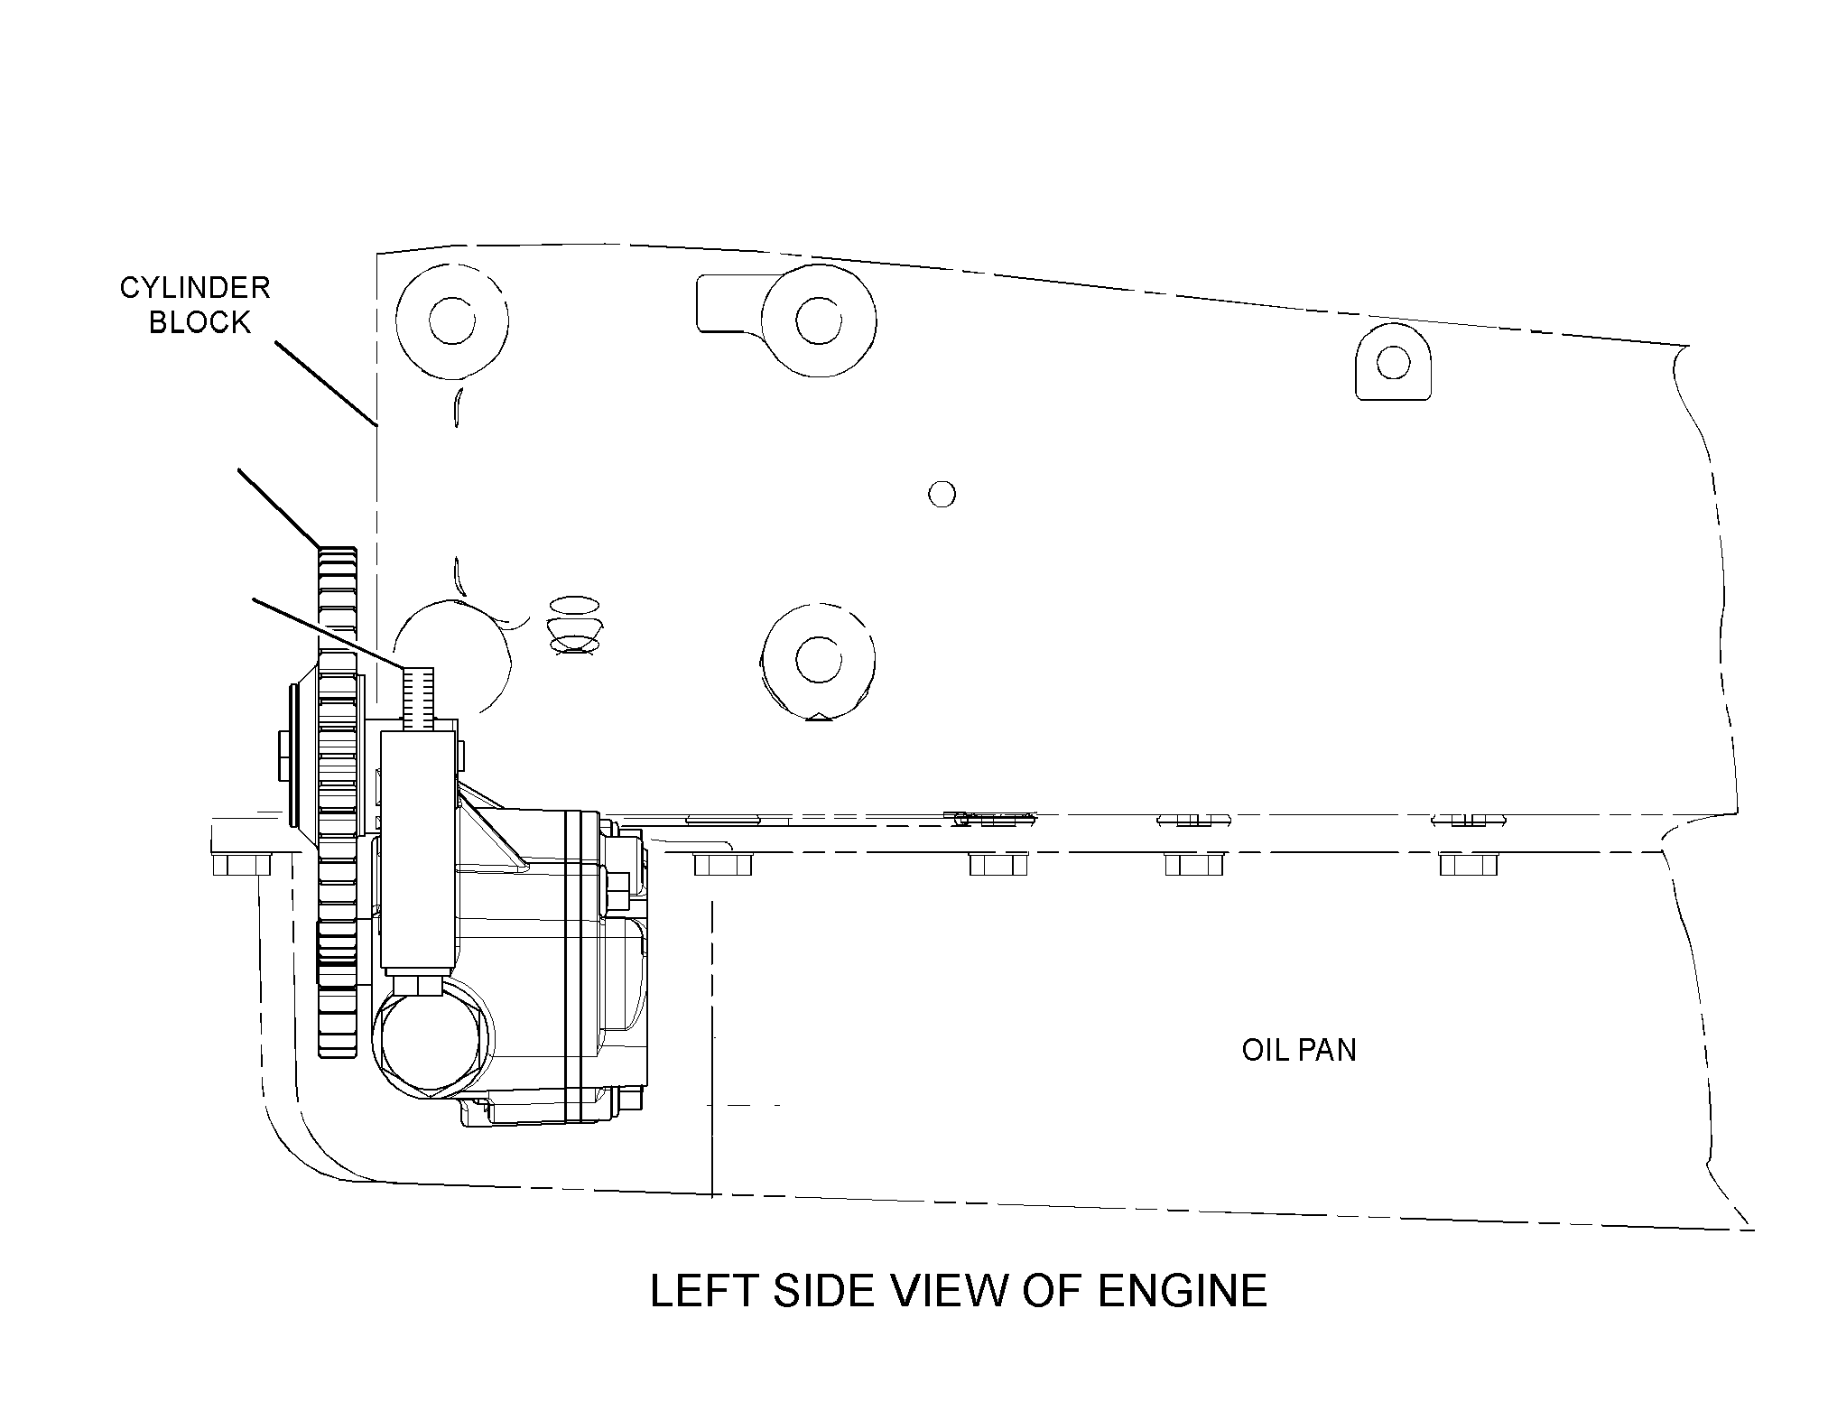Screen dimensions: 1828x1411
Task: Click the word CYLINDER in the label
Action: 195,288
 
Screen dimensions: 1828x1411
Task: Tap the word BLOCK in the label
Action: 200,322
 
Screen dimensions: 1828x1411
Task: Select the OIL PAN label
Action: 1299,1050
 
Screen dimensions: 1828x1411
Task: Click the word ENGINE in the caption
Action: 1183,1291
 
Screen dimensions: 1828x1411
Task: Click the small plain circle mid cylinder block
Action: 942,495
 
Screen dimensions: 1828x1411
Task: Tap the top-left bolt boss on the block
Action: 451,320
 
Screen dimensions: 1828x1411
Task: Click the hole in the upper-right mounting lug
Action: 1393,364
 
